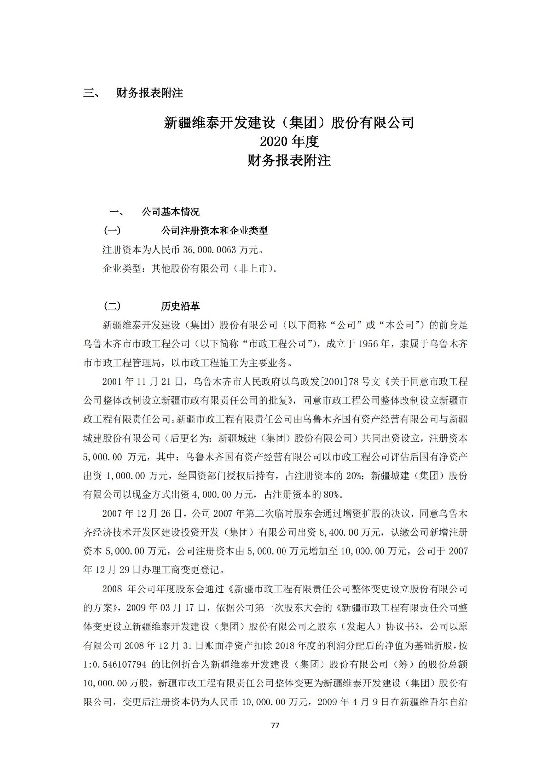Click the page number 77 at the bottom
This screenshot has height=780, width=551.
tap(275, 726)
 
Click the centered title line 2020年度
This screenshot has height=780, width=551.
tap(289, 141)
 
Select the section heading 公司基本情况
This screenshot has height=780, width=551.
tap(171, 212)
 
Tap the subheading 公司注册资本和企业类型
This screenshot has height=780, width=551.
tap(214, 231)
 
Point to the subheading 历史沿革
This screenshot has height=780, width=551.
tap(180, 306)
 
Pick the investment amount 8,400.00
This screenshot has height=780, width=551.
tap(335, 532)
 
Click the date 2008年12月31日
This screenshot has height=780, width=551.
tap(171, 646)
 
